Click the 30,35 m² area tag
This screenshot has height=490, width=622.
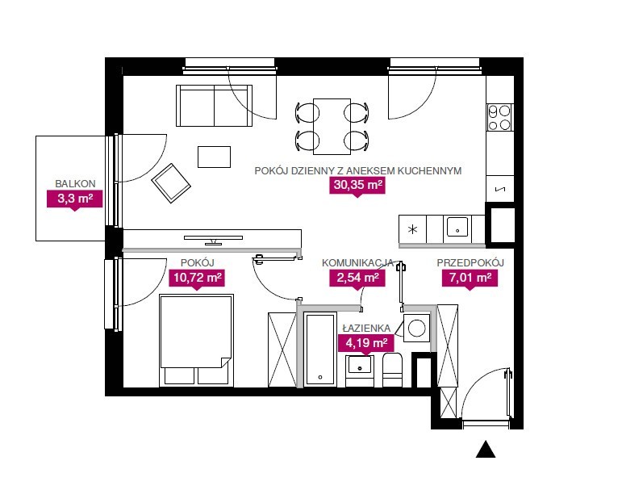pyautogui.click(x=357, y=186)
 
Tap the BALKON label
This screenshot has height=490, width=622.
pyautogui.click(x=75, y=184)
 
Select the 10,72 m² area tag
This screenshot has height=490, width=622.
pyautogui.click(x=197, y=278)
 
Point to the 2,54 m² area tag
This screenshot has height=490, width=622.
pyautogui.click(x=357, y=278)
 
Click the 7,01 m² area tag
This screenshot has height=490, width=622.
pyautogui.click(x=470, y=278)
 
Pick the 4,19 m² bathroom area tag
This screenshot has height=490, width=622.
pyautogui.click(x=366, y=343)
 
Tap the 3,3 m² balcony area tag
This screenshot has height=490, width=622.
pyautogui.click(x=75, y=199)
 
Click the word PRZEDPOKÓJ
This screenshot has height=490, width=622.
pyautogui.click(x=470, y=263)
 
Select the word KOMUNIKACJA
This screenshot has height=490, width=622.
pyautogui.click(x=357, y=263)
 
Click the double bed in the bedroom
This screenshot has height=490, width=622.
pyautogui.click(x=196, y=341)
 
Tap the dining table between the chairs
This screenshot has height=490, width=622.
pyautogui.click(x=332, y=126)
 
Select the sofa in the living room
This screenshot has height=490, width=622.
pyautogui.click(x=215, y=106)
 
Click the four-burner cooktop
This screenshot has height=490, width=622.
pyautogui.click(x=499, y=118)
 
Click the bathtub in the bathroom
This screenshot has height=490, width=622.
pyautogui.click(x=320, y=350)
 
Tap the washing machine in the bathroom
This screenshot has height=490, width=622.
pyautogui.click(x=416, y=328)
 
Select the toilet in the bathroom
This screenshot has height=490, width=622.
pyautogui.click(x=392, y=370)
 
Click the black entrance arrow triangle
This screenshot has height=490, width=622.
pyautogui.click(x=486, y=450)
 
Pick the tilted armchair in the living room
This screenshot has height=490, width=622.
pyautogui.click(x=171, y=183)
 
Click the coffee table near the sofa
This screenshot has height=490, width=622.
pyautogui.click(x=215, y=157)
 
